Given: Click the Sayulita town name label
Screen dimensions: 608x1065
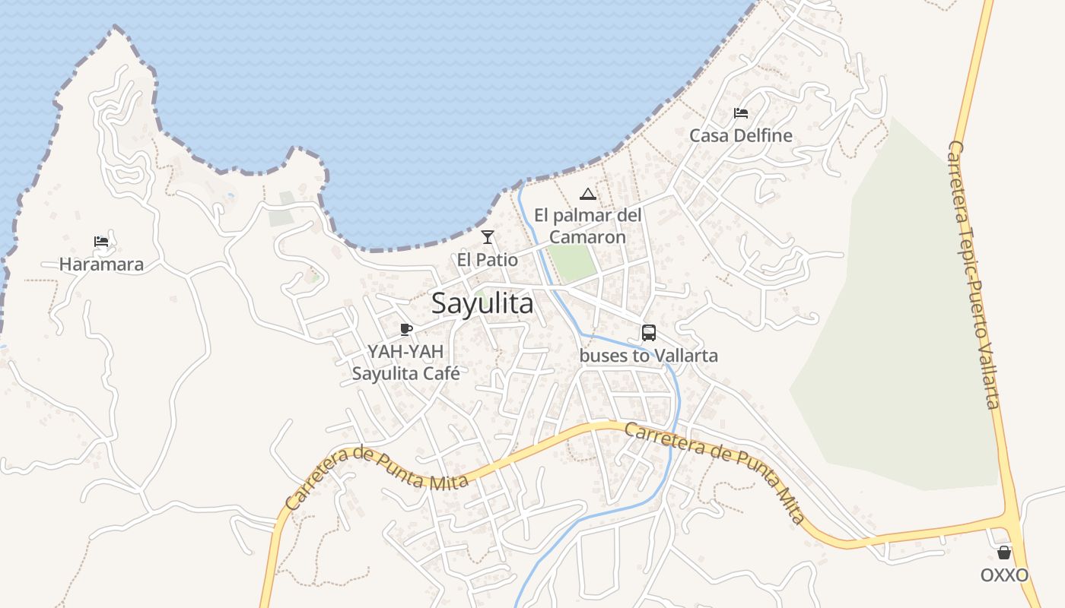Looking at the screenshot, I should [482, 304].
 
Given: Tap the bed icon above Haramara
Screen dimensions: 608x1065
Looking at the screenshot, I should [101, 242].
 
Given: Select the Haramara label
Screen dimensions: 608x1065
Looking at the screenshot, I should [101, 265].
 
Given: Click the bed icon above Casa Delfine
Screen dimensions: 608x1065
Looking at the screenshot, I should [741, 113].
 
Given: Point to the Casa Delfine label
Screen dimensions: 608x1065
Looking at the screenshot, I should [741, 136].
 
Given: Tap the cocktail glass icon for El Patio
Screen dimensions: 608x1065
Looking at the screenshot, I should [488, 237].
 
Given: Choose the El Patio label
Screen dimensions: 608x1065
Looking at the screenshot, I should [488, 260].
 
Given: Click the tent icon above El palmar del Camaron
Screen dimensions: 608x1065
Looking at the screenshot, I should [588, 194].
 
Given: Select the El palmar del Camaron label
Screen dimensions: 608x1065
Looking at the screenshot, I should [588, 226].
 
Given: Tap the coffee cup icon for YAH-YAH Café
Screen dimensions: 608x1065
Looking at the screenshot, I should [406, 329].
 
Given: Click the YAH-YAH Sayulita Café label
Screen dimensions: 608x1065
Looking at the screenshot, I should [405, 363].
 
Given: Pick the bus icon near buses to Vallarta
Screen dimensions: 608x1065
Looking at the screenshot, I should [649, 333].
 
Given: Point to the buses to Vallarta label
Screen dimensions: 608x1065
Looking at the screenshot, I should [649, 356].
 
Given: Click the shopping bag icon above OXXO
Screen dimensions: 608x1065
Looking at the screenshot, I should [1004, 553].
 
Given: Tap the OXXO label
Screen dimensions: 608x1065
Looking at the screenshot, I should [1004, 575].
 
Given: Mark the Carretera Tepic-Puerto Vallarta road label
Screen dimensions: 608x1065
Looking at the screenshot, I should [973, 274].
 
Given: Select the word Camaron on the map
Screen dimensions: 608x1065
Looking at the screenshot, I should [588, 237].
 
